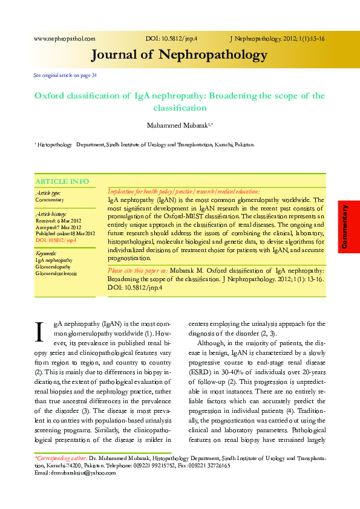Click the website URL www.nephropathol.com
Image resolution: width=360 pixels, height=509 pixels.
[x=65, y=39]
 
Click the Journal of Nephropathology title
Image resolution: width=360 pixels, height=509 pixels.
[x=179, y=56]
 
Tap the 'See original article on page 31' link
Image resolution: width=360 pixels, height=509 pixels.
[x=65, y=76]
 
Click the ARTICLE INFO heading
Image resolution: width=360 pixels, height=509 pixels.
[x=62, y=181]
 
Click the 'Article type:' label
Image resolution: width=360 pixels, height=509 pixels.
[x=48, y=193]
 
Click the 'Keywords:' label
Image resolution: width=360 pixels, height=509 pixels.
[x=47, y=253]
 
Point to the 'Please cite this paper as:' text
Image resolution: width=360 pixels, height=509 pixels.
[x=137, y=272]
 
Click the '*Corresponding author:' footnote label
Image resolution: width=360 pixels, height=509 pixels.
[x=61, y=459]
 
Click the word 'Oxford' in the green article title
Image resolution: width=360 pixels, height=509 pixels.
[x=51, y=96]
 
